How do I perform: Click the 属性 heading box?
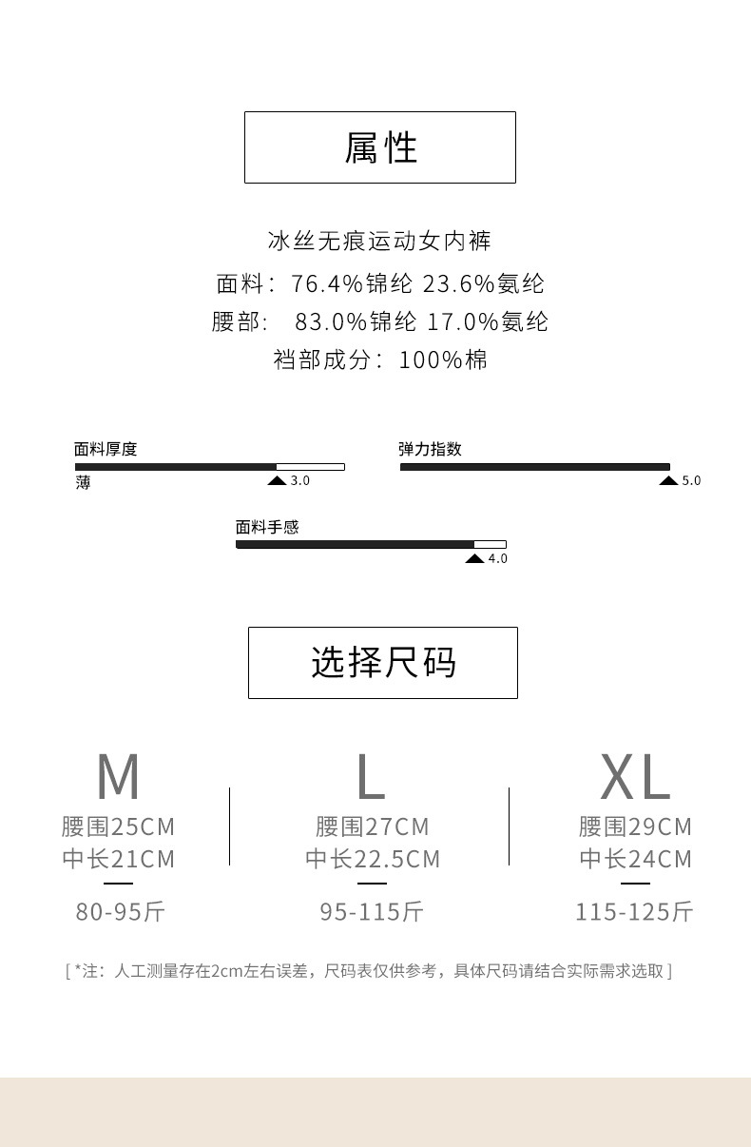coord(380,147)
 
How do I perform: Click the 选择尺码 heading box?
coord(383,663)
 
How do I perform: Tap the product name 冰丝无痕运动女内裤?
coord(380,241)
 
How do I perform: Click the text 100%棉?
coord(443,360)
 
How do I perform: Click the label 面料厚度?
coord(106,449)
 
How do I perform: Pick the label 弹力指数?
coord(430,449)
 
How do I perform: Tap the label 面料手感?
coord(267,527)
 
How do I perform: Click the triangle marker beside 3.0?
coord(277,481)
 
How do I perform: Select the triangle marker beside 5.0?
coord(668,481)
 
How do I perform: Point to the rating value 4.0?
coord(497,559)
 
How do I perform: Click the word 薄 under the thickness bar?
coord(84,482)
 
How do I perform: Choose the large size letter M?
coord(118,777)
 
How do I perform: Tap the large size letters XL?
coord(635,777)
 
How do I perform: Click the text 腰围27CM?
coord(373,826)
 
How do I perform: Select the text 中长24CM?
coord(636,859)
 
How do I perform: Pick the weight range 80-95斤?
coord(121,912)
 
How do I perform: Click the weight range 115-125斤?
coord(634,912)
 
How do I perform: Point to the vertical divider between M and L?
coord(229,826)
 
